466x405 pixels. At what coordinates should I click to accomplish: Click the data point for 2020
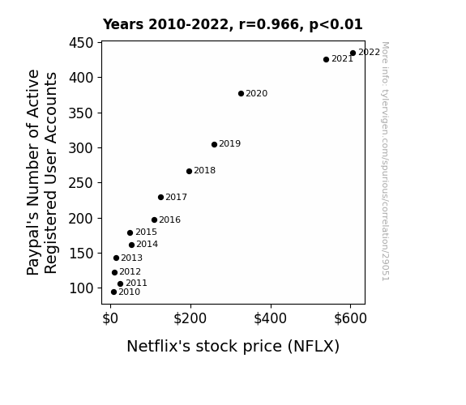pyautogui.click(x=241, y=94)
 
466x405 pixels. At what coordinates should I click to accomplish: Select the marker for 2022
pyautogui.click(x=353, y=53)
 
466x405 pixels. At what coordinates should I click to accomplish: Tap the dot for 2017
pyautogui.click(x=160, y=198)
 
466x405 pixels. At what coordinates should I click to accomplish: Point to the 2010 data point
pyautogui.click(x=113, y=292)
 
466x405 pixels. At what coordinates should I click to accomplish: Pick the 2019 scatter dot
pyautogui.click(x=214, y=144)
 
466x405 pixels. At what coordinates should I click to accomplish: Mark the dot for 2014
pyautogui.click(x=131, y=245)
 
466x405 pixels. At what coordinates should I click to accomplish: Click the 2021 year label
pyautogui.click(x=342, y=59)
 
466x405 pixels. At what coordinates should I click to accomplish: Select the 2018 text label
pyautogui.click(x=205, y=171)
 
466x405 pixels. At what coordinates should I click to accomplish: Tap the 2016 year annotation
pyautogui.click(x=169, y=220)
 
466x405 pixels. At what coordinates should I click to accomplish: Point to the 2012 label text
pyautogui.click(x=130, y=271)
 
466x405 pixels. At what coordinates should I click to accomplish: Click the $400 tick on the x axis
pyautogui.click(x=270, y=318)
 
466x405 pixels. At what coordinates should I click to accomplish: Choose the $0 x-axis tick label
pyautogui.click(x=110, y=318)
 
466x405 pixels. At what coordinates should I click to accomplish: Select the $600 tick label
pyautogui.click(x=350, y=318)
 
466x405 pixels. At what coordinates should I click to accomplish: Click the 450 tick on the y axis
pyautogui.click(x=81, y=43)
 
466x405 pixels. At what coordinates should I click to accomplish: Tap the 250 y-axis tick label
pyautogui.click(x=81, y=183)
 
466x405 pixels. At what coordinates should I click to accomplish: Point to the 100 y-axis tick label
pyautogui.click(x=81, y=288)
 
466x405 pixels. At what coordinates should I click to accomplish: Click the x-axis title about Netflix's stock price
pyautogui.click(x=233, y=347)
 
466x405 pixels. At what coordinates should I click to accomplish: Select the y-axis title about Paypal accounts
pyautogui.click(x=41, y=173)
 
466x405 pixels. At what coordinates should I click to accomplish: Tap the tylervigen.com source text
pyautogui.click(x=386, y=161)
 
